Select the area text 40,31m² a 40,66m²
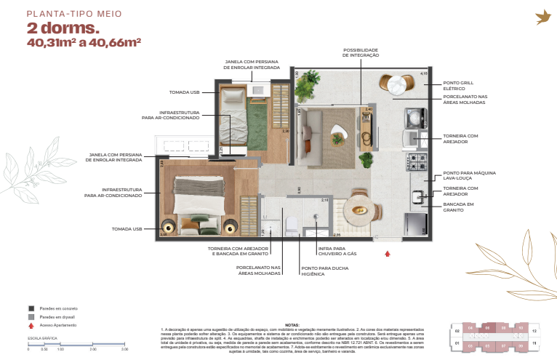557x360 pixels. [x=84, y=43]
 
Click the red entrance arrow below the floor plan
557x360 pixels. [x=388, y=254]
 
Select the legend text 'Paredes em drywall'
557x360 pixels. [x=57, y=317]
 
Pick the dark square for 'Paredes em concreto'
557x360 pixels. [x=31, y=308]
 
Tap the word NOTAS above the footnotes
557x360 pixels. [x=292, y=325]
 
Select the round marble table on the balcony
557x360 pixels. [x=398, y=85]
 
